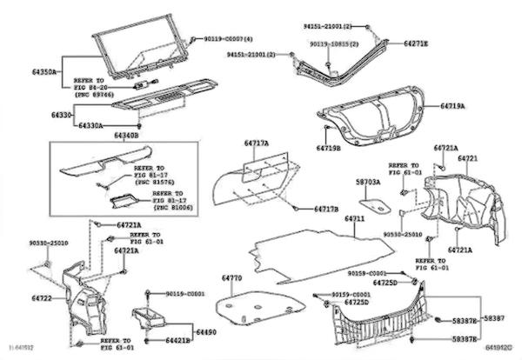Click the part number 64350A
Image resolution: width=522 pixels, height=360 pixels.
click(44, 71)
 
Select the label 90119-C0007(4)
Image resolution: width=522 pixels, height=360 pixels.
click(229, 40)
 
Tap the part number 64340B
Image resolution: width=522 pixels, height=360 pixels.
click(126, 135)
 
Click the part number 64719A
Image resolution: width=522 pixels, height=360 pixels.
click(451, 106)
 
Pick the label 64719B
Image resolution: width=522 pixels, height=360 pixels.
click(328, 149)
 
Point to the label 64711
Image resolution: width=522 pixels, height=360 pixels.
click(355, 218)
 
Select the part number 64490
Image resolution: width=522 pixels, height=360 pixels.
click(204, 332)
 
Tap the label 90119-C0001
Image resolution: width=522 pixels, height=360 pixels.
click(184, 294)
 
